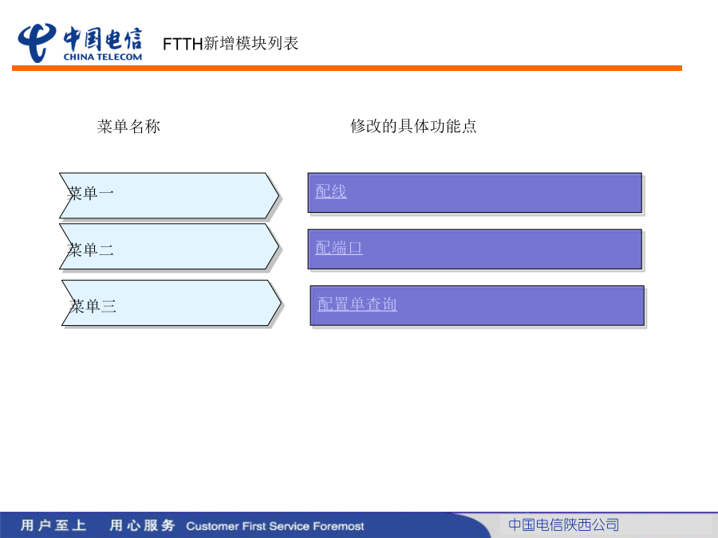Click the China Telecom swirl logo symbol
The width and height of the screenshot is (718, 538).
[37, 42]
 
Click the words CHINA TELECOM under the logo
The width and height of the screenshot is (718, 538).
[103, 57]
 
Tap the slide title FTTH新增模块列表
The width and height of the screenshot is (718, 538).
[231, 44]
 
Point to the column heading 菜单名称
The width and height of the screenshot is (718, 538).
[128, 126]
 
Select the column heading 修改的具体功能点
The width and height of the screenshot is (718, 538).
[413, 126]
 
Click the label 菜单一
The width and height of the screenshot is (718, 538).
[90, 193]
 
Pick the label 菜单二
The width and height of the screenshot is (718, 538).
[90, 249]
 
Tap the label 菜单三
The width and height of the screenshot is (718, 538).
[93, 306]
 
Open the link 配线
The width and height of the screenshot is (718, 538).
[331, 191]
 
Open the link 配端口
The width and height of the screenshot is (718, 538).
[339, 248]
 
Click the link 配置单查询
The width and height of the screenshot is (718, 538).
[357, 304]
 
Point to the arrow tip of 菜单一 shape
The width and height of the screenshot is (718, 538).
[278, 196]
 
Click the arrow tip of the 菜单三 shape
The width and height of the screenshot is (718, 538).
[281, 303]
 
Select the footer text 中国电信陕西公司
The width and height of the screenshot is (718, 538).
[564, 524]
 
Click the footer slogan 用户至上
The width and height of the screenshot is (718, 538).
[53, 525]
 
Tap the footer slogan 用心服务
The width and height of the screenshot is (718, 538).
[142, 525]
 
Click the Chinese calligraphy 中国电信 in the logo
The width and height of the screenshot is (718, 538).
[103, 39]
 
